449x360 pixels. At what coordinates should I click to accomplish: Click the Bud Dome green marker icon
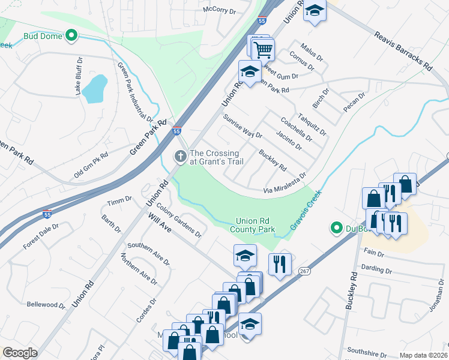(71, 36)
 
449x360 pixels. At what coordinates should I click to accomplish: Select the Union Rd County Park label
(255, 225)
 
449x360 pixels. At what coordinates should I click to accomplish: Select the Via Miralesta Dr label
(285, 183)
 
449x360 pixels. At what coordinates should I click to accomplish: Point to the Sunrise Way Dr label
(243, 126)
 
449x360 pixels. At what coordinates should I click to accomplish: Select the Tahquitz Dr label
(311, 123)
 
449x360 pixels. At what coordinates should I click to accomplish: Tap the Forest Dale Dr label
(41, 237)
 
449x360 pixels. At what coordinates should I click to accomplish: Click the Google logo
(20, 353)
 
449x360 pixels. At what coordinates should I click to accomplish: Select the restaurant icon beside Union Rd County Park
(280, 264)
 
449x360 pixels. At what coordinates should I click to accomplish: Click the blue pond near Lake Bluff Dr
(94, 89)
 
